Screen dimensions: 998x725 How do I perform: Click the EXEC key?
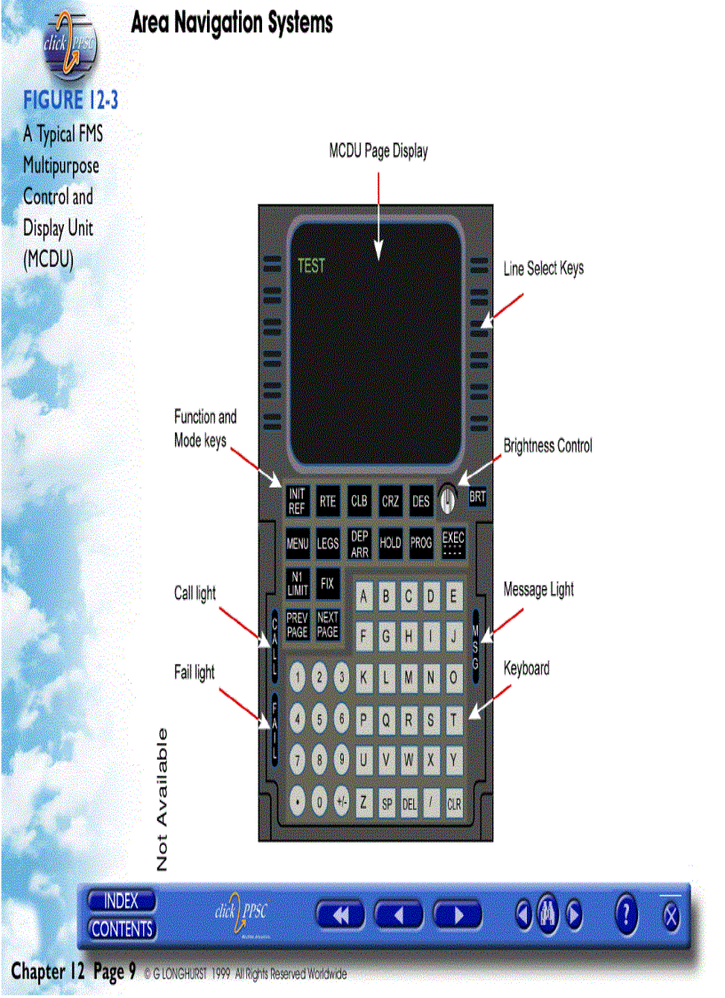tap(453, 543)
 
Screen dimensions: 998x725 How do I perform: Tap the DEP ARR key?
tap(359, 543)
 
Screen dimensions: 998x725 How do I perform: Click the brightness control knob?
tap(448, 499)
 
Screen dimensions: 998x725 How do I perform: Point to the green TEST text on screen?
tap(311, 265)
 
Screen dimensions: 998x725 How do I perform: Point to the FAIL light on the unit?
tap(275, 727)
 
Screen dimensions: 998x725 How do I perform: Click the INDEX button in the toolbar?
tap(122, 901)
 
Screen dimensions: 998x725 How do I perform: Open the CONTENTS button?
tap(122, 929)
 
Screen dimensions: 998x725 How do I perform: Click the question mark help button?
tap(626, 914)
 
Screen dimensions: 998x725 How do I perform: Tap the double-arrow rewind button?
tap(340, 914)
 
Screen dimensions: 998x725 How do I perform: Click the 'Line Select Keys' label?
tap(544, 267)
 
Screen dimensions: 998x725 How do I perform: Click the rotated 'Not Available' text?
tap(163, 799)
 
